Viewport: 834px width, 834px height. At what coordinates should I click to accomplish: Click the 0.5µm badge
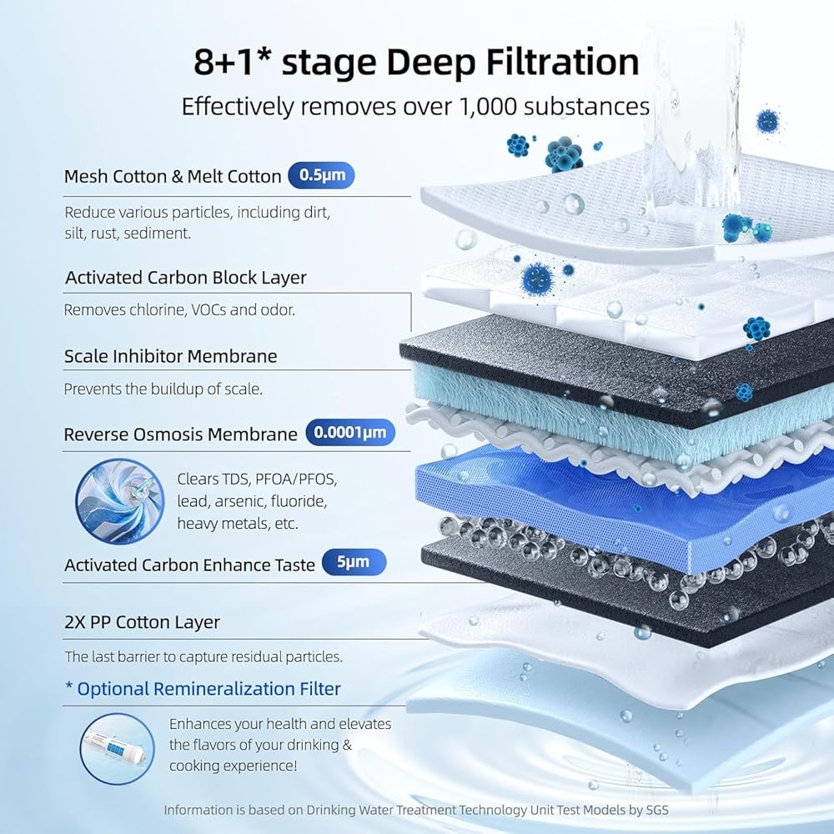(321, 175)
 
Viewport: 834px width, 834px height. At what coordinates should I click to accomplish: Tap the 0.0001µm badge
(350, 432)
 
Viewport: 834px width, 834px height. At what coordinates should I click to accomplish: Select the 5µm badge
(353, 561)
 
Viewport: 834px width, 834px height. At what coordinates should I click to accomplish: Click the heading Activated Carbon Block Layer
(186, 278)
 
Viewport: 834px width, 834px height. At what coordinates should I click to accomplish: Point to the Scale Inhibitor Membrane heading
(170, 356)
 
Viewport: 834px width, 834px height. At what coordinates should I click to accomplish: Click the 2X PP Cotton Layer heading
(142, 622)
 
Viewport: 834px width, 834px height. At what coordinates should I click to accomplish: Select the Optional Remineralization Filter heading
(203, 689)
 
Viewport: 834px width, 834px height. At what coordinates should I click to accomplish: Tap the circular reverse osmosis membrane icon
(119, 501)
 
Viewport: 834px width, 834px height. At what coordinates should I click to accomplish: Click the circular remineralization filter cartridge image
(117, 749)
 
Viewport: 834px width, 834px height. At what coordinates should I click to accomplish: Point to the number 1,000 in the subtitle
(487, 107)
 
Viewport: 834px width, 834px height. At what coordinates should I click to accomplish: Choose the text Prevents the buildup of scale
(163, 389)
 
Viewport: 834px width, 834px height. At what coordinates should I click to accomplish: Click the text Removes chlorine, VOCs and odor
(179, 309)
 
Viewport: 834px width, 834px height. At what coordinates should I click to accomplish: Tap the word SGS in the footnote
(657, 810)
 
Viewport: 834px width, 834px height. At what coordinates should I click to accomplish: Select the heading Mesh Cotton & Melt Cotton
(173, 176)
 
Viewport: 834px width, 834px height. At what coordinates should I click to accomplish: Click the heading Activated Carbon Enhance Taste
(189, 565)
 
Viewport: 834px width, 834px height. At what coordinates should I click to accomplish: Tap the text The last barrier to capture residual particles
(203, 657)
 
